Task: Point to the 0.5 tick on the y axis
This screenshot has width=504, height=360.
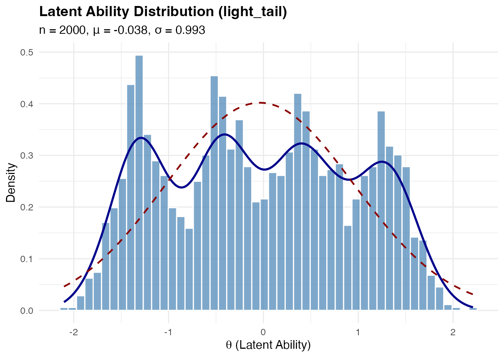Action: click(26, 52)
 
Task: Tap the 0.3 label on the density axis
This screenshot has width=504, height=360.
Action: click(26, 156)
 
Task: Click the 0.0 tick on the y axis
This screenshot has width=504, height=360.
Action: click(26, 311)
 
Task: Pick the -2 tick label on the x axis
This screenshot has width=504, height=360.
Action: click(73, 332)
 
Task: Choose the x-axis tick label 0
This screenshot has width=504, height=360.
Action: click(263, 332)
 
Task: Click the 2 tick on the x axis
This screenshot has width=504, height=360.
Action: click(453, 332)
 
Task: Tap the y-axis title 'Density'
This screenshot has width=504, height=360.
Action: click(11, 183)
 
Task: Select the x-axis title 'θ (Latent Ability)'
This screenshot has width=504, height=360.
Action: click(268, 345)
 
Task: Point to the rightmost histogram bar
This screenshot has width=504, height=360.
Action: click(473, 309)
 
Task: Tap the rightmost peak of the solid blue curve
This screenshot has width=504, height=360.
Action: click(382, 162)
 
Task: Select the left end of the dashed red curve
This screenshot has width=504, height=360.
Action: click(64, 286)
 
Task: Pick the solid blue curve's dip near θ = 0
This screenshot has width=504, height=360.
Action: click(264, 169)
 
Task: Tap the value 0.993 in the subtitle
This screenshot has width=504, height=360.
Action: click(190, 30)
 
